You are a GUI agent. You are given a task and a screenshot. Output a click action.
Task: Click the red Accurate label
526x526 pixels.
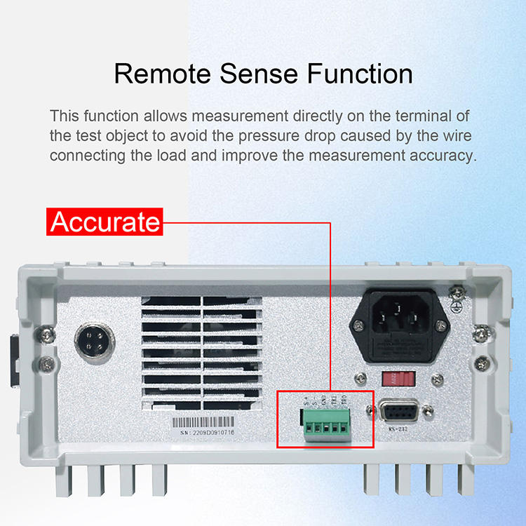(x=105, y=222)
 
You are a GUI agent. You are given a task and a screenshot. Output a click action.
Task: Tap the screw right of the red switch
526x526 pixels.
(x=437, y=379)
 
